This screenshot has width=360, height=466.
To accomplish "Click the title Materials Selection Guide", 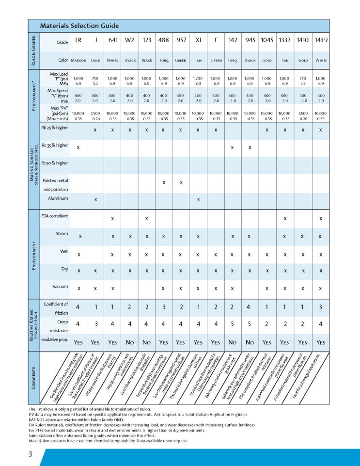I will click(x=79, y=26).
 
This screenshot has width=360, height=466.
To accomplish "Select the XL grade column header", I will click(x=199, y=40).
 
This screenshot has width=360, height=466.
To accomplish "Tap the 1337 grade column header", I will click(x=285, y=40).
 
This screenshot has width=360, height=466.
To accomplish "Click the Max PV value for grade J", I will click(x=95, y=115).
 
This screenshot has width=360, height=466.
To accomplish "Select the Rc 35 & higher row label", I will click(x=55, y=145).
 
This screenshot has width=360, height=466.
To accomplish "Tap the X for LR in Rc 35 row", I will click(x=78, y=146).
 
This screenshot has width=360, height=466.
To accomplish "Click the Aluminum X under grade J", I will click(x=95, y=199).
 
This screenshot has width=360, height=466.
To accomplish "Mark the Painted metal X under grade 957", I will click(x=181, y=182).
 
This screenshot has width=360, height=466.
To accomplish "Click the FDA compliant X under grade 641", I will click(x=112, y=219).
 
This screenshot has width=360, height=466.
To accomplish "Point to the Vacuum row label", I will click(x=60, y=286).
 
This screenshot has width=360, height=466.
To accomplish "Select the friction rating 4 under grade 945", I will click(x=250, y=306).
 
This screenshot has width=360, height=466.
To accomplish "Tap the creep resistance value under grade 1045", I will click(x=267, y=323).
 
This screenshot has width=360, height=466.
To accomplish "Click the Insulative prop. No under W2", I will click(x=129, y=341).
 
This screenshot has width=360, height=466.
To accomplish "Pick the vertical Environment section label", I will click(x=33, y=252).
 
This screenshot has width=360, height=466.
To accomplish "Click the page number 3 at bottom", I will click(x=30, y=454).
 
